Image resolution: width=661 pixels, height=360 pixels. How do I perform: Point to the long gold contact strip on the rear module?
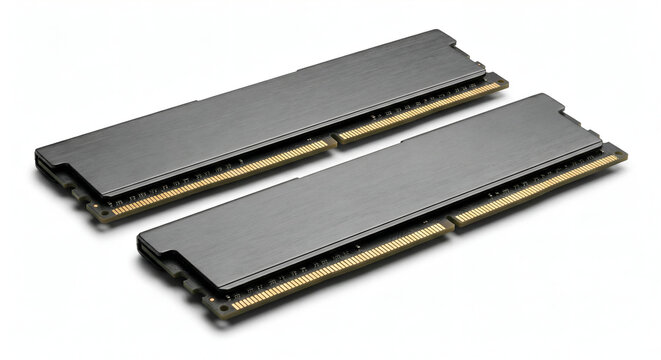click(220, 178)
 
